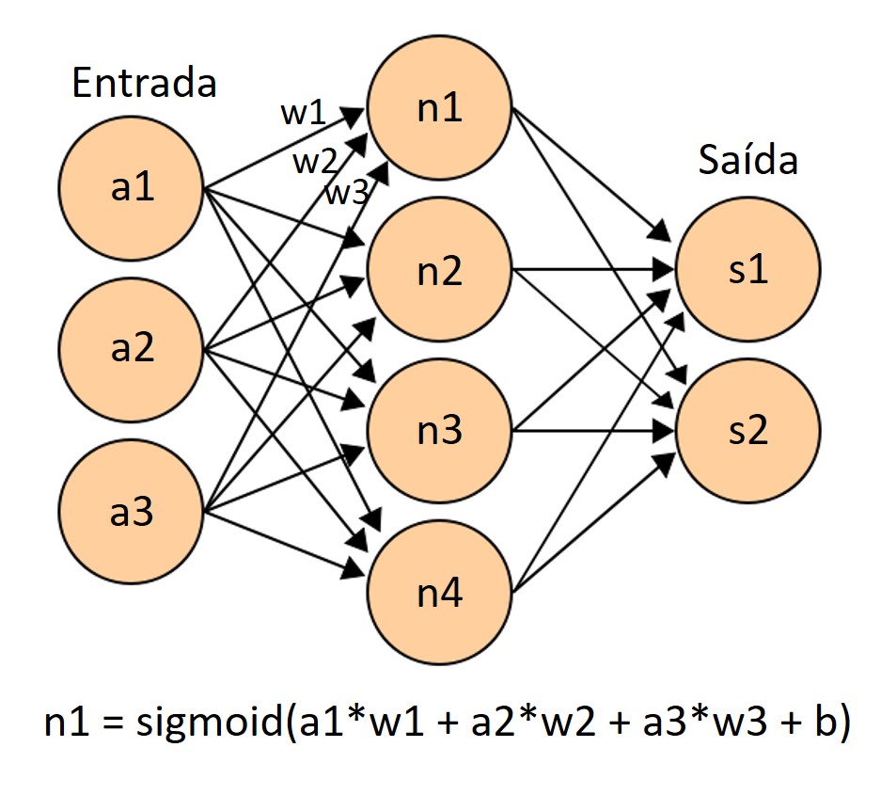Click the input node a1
tap(132, 187)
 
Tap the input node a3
tap(132, 514)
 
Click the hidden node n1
tap(439, 108)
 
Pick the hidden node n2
tap(439, 271)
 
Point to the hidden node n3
tap(439, 432)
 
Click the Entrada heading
tap(144, 84)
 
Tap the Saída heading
tap(747, 161)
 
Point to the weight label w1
tap(303, 114)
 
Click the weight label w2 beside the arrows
tap(314, 162)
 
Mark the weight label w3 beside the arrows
tap(346, 194)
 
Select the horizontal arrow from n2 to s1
tap(592, 271)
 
